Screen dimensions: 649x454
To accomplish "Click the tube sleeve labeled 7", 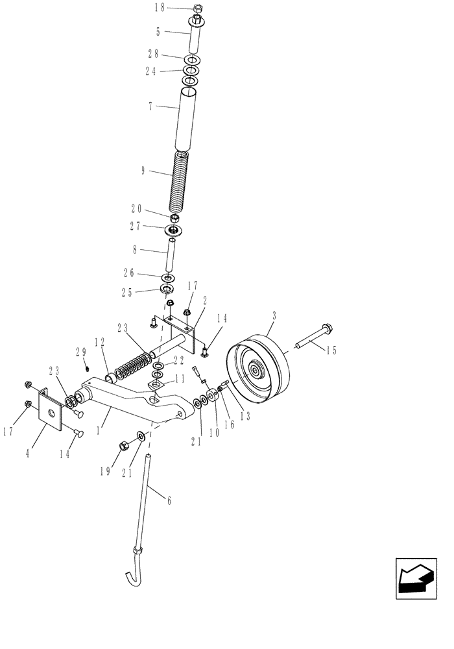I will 187,120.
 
